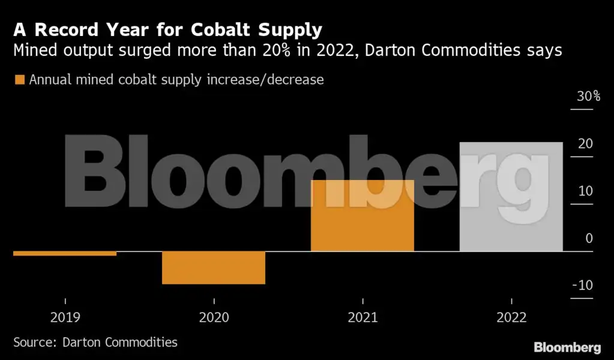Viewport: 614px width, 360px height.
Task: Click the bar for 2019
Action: coord(65,253)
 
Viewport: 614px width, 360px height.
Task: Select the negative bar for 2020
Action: coord(214,267)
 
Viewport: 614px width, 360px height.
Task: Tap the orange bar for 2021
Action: coord(363,215)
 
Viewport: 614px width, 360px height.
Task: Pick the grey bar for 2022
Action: coord(511,197)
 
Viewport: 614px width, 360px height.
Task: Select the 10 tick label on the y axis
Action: coord(585,191)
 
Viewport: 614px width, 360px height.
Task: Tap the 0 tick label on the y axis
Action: coord(589,238)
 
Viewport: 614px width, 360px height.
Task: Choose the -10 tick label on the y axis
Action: coord(582,285)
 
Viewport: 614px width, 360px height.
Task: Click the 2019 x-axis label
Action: coord(65,317)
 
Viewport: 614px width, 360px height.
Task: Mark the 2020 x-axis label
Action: coord(214,317)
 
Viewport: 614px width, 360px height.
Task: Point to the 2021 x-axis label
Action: coord(363,317)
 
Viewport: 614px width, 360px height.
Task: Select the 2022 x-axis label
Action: coord(511,317)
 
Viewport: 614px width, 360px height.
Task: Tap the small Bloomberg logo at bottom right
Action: coord(567,347)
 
